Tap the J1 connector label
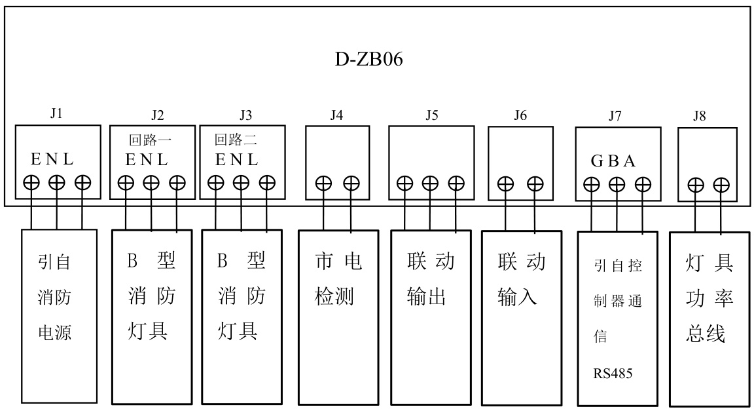[56, 113]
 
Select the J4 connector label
[336, 116]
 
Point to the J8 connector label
[700, 117]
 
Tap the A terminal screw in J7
[643, 185]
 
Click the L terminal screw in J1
[82, 183]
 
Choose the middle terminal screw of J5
[430, 184]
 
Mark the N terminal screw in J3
[241, 184]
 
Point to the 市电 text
[338, 262]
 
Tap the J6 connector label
[520, 116]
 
